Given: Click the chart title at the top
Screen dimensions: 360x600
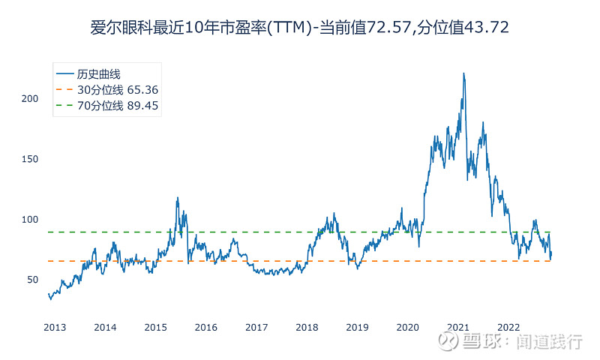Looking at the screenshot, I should tap(300, 28).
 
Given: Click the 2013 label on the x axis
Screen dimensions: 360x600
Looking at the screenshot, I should tap(55, 328).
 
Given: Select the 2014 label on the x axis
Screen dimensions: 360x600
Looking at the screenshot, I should tap(105, 328).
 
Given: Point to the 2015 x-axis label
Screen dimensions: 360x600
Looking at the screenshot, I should tap(155, 328).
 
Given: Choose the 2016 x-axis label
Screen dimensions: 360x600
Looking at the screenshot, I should tap(206, 328).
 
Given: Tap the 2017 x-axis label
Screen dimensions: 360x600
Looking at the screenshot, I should tap(256, 328).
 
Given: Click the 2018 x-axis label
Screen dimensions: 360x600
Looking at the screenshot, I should tap(307, 328).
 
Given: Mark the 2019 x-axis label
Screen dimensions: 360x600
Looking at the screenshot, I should tap(357, 328).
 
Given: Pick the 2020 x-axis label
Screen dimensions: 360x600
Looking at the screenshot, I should tap(408, 328).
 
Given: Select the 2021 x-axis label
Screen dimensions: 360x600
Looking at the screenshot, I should tap(458, 328).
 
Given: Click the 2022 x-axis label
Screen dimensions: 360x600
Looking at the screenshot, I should tap(508, 328).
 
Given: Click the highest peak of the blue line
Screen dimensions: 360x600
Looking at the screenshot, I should tap(463, 73).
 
